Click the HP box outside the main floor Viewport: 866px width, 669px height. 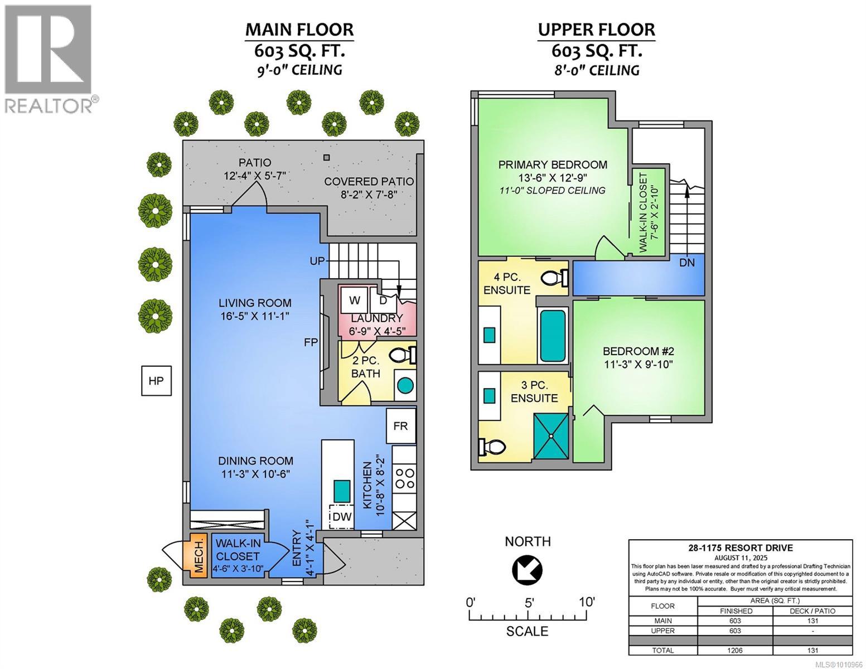click(x=156, y=381)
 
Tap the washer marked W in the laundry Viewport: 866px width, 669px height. click(x=354, y=300)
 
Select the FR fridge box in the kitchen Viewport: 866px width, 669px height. click(x=400, y=426)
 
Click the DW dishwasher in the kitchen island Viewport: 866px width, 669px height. click(x=341, y=517)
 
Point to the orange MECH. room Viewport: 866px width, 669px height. click(x=199, y=555)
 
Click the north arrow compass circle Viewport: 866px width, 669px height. click(x=527, y=570)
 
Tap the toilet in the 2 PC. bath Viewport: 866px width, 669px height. click(x=402, y=355)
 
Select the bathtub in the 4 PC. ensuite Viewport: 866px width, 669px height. click(x=553, y=335)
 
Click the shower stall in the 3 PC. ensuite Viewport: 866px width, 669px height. click(x=551, y=437)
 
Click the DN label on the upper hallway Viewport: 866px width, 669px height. click(x=686, y=263)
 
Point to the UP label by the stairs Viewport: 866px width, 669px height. click(x=317, y=261)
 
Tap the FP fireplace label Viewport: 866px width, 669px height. click(x=311, y=342)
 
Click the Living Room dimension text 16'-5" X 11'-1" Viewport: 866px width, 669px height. click(x=255, y=316)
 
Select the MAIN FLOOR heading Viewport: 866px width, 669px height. click(x=299, y=30)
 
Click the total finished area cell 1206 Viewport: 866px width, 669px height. click(x=735, y=650)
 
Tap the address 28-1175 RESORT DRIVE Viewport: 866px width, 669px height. click(x=741, y=548)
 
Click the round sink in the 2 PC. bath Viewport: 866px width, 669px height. click(x=405, y=386)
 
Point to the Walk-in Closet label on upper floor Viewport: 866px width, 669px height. click(x=643, y=212)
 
